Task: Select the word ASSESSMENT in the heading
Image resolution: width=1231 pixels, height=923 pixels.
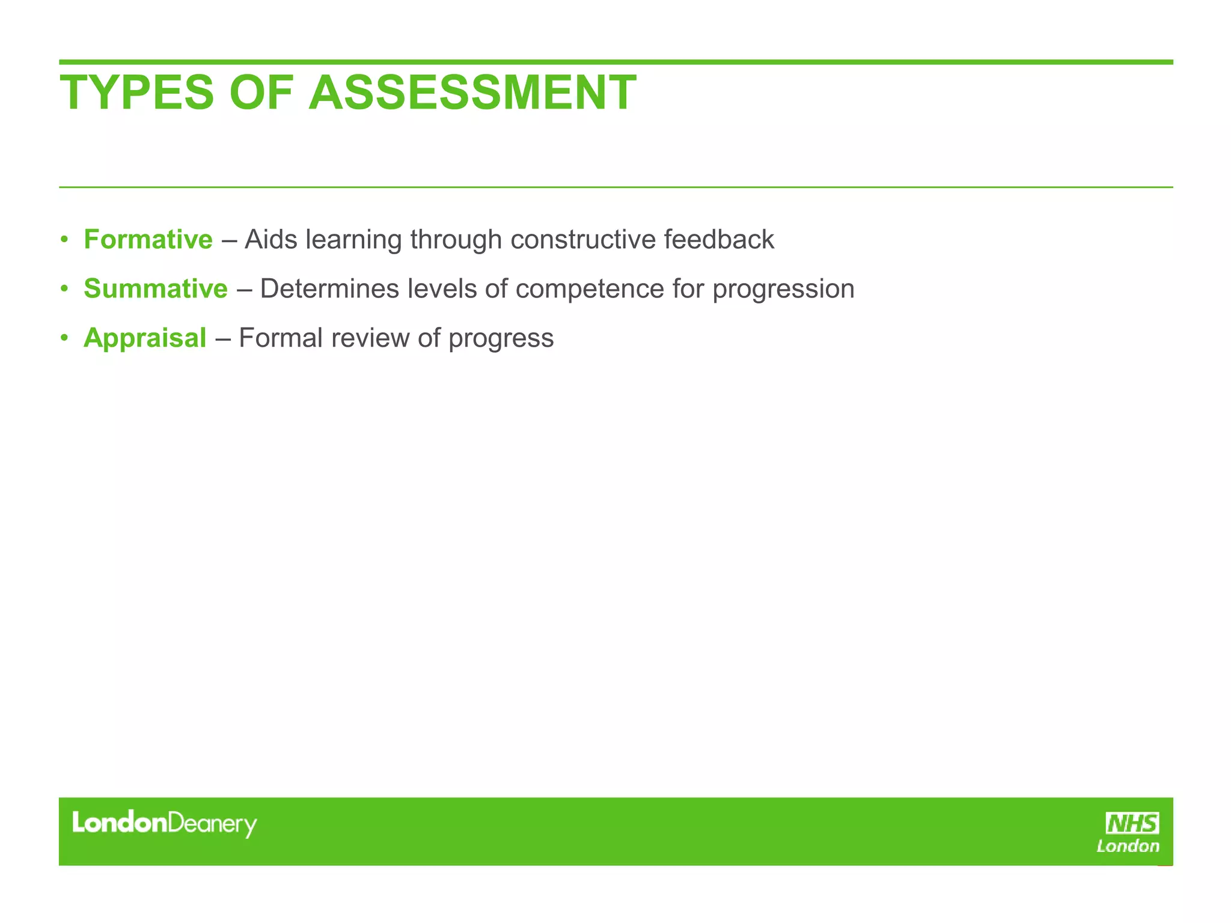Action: (472, 93)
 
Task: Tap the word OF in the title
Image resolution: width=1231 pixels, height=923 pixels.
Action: (261, 93)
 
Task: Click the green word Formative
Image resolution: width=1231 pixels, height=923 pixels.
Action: (148, 239)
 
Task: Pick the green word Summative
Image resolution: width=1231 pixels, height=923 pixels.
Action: (156, 288)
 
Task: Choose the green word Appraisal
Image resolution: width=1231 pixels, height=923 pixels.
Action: (145, 338)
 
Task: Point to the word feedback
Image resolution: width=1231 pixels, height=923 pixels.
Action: (719, 239)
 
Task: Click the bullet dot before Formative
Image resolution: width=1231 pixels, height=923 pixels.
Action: (64, 240)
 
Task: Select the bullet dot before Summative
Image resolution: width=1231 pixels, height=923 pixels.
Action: (64, 289)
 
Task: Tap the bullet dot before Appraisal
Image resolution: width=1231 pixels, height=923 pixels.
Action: (64, 338)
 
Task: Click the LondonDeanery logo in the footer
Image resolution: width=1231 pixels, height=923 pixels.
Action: (164, 823)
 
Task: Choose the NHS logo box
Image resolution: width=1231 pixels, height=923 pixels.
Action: (1132, 823)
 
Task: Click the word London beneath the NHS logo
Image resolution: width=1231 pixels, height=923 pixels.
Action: (1128, 846)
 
